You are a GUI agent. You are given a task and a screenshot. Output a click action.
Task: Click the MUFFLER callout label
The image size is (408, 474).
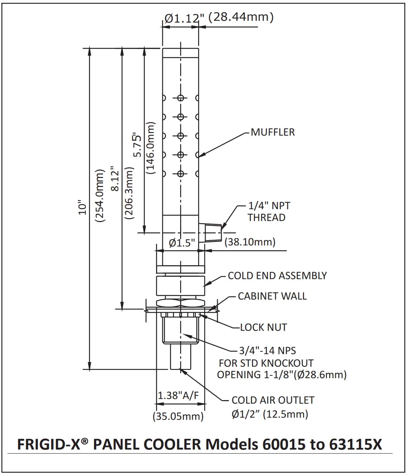point(272,132)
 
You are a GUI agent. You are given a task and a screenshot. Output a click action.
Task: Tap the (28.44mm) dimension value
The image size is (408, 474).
point(241,17)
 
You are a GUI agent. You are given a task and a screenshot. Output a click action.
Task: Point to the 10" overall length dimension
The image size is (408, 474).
point(83,208)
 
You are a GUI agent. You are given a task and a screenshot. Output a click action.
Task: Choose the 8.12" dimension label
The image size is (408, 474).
point(115,179)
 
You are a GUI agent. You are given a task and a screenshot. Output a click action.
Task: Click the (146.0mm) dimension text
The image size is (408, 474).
point(151,148)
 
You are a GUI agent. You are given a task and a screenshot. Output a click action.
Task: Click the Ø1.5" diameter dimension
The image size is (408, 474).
point(182,243)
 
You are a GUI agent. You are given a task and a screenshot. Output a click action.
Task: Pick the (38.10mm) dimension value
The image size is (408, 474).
point(250,242)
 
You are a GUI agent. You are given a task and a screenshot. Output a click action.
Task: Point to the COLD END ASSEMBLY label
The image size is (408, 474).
point(277,276)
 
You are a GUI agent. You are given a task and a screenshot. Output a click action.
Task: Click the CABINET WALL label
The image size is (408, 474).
point(272,296)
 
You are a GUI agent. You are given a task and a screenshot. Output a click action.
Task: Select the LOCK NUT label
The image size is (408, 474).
point(263,327)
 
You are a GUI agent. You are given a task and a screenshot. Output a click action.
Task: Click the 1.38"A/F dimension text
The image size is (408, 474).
point(178,395)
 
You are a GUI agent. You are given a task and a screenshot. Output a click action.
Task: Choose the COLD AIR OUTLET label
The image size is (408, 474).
point(273,400)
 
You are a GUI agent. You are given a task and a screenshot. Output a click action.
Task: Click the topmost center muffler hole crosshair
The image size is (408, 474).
point(180,98)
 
